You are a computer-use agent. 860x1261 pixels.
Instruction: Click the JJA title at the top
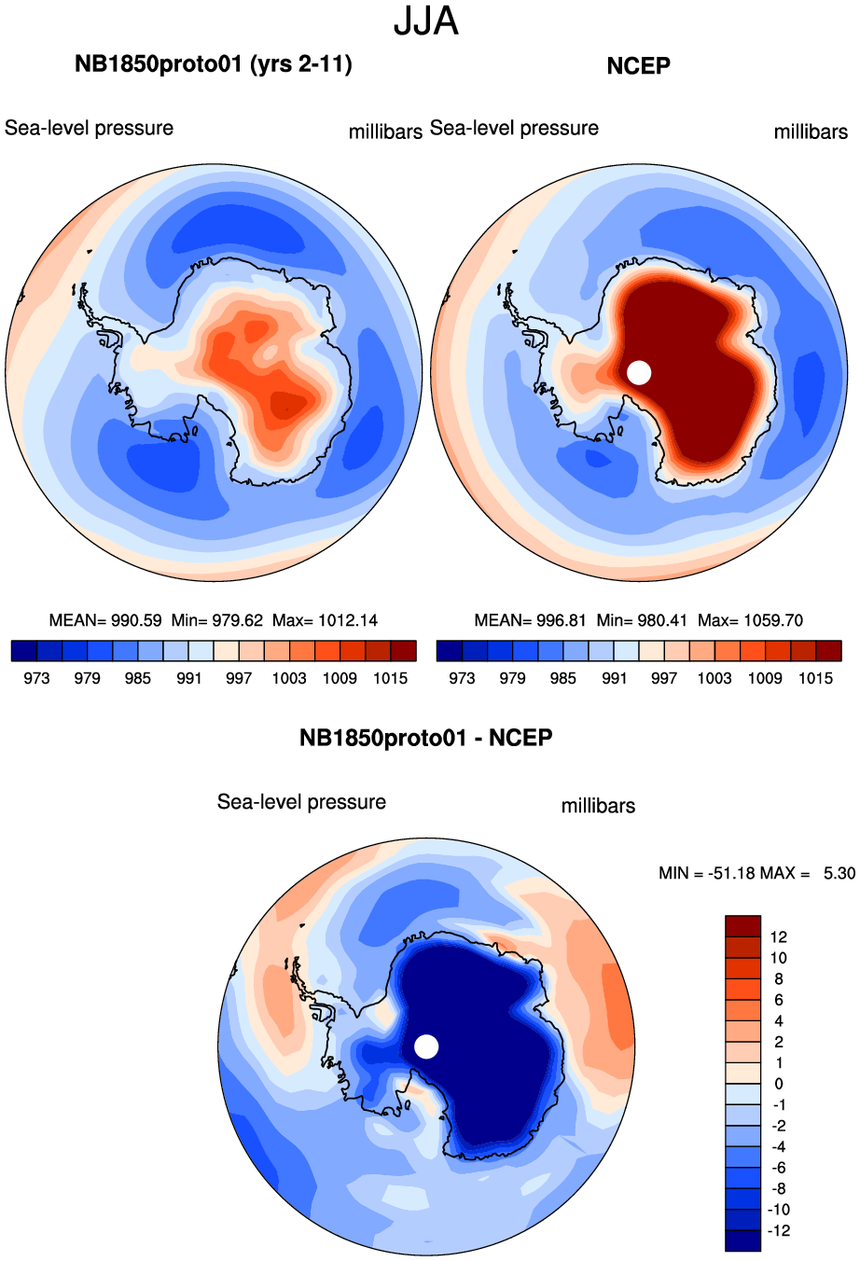(426, 21)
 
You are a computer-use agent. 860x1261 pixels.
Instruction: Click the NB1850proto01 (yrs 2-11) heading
(214, 64)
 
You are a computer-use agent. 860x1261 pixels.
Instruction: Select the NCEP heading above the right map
(638, 65)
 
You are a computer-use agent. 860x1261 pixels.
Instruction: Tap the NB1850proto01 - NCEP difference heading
(426, 738)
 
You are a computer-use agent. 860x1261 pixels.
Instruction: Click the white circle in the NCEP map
(639, 372)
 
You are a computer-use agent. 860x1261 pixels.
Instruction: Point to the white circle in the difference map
(426, 1046)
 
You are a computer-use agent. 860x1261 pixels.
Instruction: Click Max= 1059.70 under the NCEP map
(750, 620)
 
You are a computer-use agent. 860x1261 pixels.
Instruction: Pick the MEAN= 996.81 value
(530, 620)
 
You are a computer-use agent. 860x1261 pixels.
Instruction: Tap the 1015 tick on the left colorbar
(390, 678)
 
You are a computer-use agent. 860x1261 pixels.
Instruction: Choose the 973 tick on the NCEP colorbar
(462, 678)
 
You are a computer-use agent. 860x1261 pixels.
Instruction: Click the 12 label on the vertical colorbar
(779, 937)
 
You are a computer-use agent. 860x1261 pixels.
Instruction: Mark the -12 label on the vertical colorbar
(777, 1230)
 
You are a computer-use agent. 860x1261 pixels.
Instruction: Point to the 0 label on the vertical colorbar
(779, 1084)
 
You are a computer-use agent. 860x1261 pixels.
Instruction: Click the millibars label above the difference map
(598, 806)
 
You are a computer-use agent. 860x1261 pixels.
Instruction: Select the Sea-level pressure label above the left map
(89, 128)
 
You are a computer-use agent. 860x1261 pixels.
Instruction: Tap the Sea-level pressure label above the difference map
(301, 802)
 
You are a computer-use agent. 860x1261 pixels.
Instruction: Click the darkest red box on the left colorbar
(403, 650)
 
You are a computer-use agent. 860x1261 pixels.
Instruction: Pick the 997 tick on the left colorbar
(239, 678)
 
